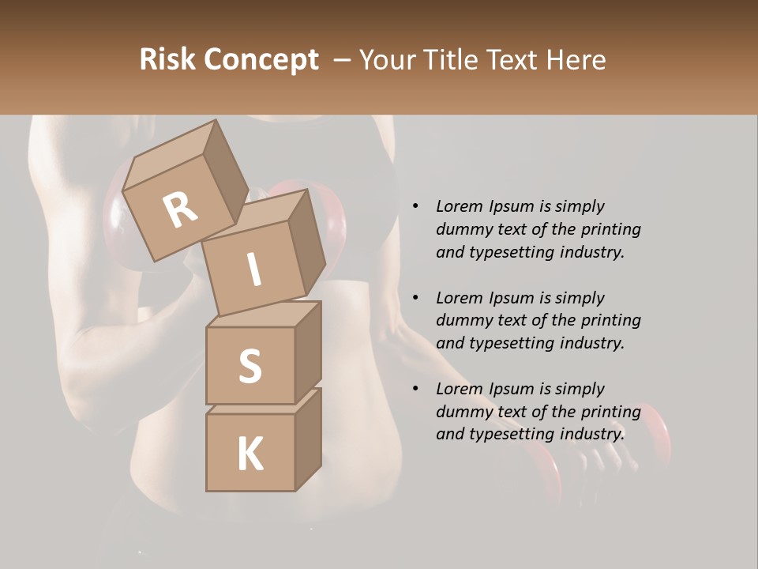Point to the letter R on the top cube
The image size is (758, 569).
point(180,209)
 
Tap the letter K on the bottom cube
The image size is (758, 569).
point(250,454)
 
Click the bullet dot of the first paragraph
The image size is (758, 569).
point(415,206)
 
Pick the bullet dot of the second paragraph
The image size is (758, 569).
point(415,298)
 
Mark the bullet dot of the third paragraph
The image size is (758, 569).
point(415,389)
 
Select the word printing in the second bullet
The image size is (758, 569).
point(610,320)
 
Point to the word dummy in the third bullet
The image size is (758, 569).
point(460,412)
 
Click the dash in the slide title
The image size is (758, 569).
point(343,60)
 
